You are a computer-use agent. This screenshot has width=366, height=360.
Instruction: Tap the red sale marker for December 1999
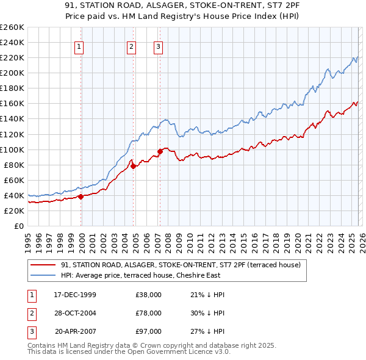tap(81, 196)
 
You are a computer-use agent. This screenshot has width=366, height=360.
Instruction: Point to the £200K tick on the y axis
tap(12, 73)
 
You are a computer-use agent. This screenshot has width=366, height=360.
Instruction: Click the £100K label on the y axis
tap(12, 149)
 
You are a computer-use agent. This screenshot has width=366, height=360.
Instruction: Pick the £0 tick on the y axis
tap(18, 226)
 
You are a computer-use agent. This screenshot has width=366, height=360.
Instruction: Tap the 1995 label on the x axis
tap(27, 240)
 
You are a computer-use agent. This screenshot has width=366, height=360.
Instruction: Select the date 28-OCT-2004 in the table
tap(75, 312)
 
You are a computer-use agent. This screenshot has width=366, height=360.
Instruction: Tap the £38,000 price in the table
tap(149, 295)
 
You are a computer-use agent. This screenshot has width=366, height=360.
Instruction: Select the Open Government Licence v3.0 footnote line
tap(129, 351)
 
